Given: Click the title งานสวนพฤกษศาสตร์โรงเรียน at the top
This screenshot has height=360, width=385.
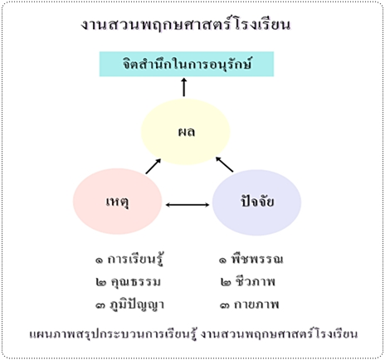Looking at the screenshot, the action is point(186,25).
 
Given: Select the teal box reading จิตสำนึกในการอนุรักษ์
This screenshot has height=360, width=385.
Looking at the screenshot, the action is point(187,64).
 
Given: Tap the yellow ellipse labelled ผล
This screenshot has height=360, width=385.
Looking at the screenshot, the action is point(186,132).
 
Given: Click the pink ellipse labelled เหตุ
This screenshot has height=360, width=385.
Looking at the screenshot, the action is point(117,202).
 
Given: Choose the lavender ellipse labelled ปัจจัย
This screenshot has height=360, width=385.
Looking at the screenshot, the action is point(256,202).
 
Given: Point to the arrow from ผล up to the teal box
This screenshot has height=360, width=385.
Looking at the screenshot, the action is point(184,87).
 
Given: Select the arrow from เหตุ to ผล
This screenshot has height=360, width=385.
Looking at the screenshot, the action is point(154,166).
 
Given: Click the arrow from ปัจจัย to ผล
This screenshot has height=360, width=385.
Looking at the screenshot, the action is point(224,164).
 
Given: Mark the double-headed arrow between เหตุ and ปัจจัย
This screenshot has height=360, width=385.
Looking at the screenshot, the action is point(188,205).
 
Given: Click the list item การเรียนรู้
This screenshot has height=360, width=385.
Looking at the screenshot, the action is point(134,259).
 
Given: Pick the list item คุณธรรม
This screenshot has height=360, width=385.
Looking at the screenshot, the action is point(135,282).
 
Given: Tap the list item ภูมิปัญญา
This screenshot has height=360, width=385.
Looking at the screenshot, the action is point(137,304).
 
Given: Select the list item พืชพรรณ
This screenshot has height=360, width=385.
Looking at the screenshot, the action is point(258,258).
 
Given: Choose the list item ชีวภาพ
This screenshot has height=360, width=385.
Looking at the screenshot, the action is point(255,281).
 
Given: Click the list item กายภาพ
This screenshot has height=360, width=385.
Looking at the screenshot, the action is point(256,304).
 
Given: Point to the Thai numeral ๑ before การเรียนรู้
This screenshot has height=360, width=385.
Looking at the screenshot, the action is point(99,260).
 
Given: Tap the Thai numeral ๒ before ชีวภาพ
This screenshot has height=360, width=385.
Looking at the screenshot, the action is point(226,282).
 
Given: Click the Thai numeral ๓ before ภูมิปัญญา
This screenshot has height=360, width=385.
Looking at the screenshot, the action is point(100,305).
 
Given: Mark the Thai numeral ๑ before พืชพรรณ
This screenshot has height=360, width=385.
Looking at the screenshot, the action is point(222,260).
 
